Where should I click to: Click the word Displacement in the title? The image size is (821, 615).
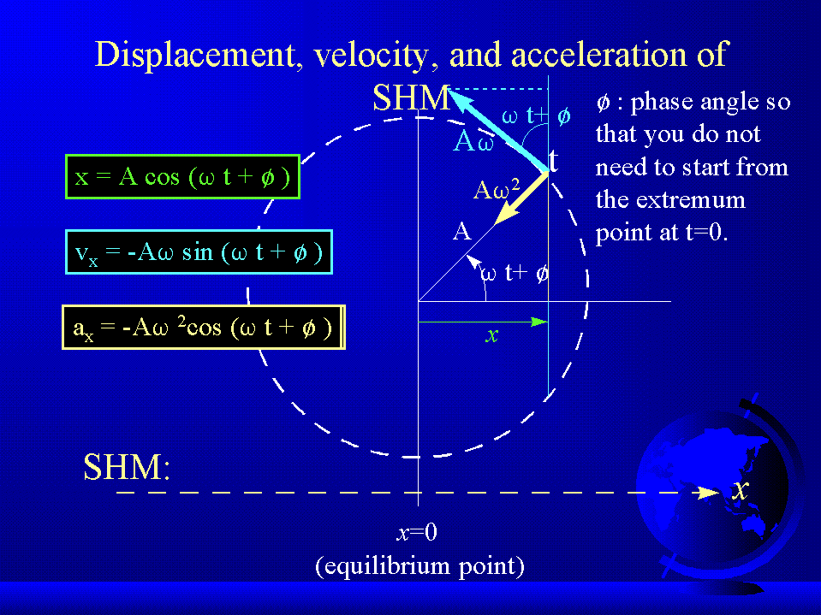point(196,56)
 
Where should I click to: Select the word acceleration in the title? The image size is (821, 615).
point(598,55)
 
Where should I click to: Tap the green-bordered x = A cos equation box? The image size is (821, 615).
point(182,177)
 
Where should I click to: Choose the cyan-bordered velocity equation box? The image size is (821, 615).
point(199,252)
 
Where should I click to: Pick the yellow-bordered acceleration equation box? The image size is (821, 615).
point(204,328)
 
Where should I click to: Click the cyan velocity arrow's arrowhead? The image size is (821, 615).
point(460,98)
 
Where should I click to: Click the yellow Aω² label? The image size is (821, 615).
point(497,190)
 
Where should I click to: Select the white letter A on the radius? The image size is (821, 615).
point(461,231)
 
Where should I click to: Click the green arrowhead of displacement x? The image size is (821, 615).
point(539,322)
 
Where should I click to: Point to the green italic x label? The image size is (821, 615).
point(491,335)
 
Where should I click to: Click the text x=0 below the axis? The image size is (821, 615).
point(417,532)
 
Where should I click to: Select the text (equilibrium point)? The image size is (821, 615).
point(419,566)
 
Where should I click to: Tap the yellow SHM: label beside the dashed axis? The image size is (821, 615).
point(127,467)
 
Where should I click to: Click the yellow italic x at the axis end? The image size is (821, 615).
point(740,490)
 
